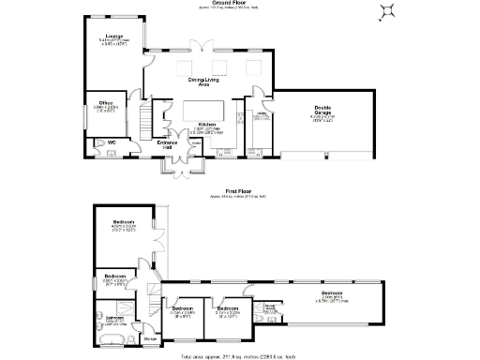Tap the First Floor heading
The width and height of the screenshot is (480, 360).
pyautogui.click(x=237, y=190)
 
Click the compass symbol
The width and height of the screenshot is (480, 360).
pyautogui.click(x=385, y=11)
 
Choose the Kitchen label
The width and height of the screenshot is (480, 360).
pyautogui.click(x=207, y=124)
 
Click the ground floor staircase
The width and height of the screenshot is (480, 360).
pyautogui.click(x=145, y=116)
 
